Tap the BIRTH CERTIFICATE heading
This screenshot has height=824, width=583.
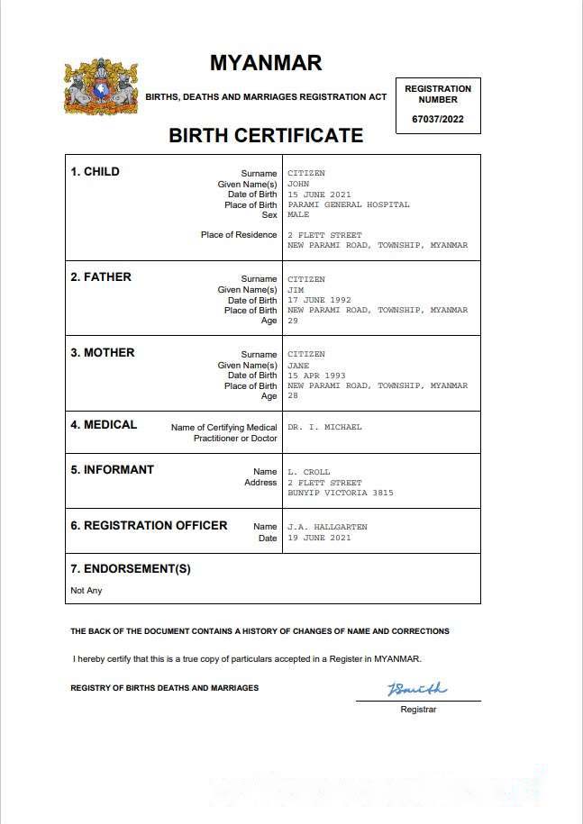click(266, 136)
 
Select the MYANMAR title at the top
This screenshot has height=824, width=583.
click(266, 63)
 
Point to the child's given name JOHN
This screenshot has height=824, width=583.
click(298, 184)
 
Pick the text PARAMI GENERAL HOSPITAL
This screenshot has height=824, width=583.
click(348, 204)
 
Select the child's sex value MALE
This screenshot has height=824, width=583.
click(298, 215)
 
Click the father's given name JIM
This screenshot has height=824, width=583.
click(296, 290)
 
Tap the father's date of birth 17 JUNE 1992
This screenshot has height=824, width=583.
click(319, 300)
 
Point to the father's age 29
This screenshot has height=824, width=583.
click(293, 321)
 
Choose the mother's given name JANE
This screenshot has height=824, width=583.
click(298, 366)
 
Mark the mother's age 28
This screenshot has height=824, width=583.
click(293, 396)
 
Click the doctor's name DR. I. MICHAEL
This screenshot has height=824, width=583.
click(324, 427)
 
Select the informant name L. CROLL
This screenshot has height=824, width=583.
click(309, 472)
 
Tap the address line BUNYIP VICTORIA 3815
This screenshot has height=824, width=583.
click(341, 493)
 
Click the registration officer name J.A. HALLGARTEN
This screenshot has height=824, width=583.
click(327, 527)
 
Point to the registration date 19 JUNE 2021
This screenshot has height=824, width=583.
click(319, 538)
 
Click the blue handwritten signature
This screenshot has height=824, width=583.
click(417, 690)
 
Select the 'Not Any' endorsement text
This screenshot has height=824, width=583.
click(87, 591)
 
